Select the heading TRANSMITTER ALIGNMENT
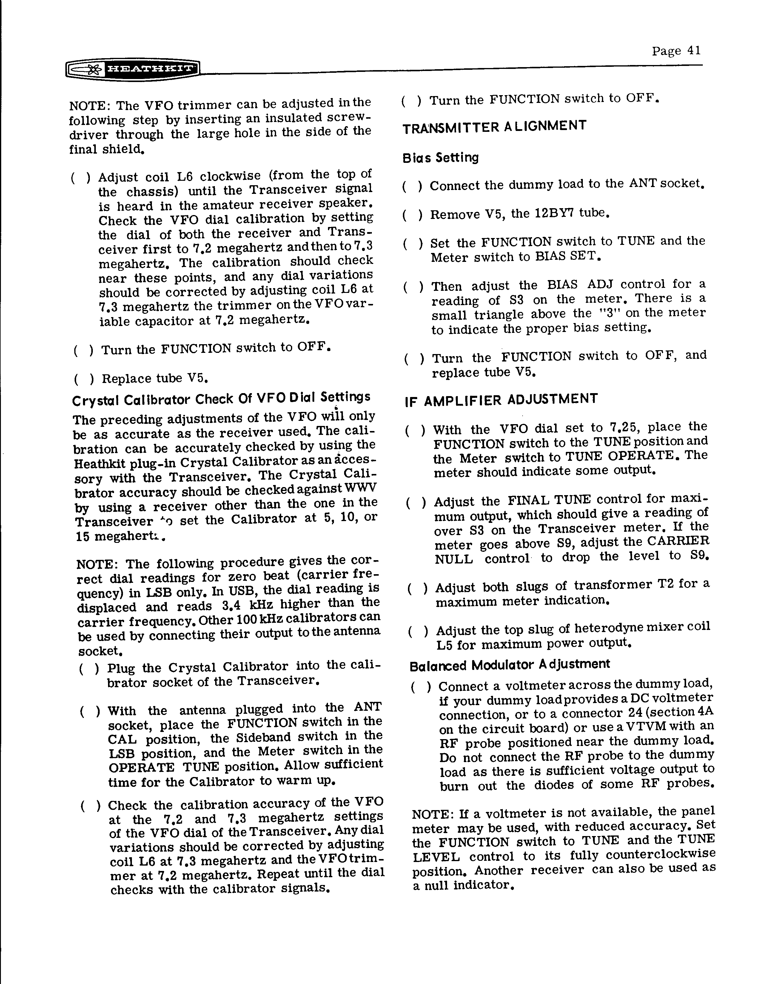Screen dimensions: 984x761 pyautogui.click(x=494, y=126)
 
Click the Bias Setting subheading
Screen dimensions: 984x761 pyautogui.click(x=440, y=158)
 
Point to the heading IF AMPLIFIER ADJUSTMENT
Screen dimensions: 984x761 pyautogui.click(x=501, y=399)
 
